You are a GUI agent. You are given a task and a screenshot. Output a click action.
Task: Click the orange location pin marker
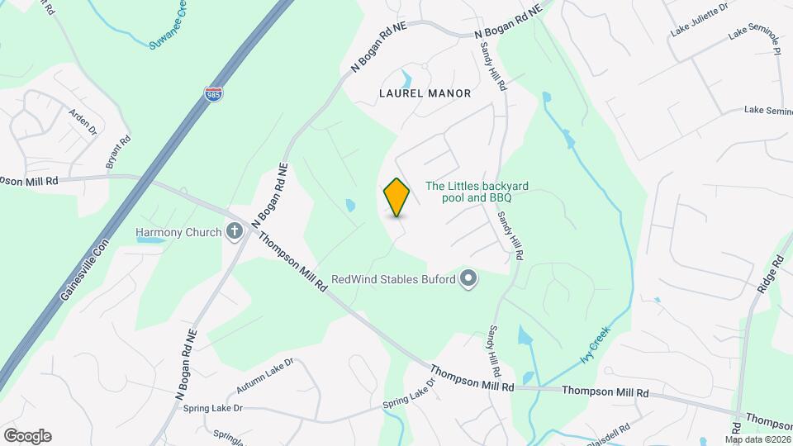(x=396, y=197)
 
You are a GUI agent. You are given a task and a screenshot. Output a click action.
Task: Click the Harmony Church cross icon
(x=234, y=232)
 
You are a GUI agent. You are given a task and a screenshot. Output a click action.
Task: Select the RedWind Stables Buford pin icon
(x=468, y=279)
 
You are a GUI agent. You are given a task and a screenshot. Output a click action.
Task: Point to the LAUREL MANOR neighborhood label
(x=425, y=93)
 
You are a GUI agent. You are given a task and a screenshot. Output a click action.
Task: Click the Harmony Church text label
(x=179, y=233)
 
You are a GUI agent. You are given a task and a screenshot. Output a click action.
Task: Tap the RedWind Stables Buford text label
(x=393, y=280)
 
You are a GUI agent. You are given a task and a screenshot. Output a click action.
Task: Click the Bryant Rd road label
(x=118, y=154)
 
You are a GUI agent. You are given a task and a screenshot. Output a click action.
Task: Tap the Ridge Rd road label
(x=769, y=275)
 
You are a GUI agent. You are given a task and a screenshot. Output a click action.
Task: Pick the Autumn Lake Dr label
(x=264, y=376)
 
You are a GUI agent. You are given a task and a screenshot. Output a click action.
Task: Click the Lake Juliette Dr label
(x=699, y=19)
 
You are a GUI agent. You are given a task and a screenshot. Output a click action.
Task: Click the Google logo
(x=27, y=436)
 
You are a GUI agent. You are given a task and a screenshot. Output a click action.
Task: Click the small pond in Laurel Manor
(x=406, y=80)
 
